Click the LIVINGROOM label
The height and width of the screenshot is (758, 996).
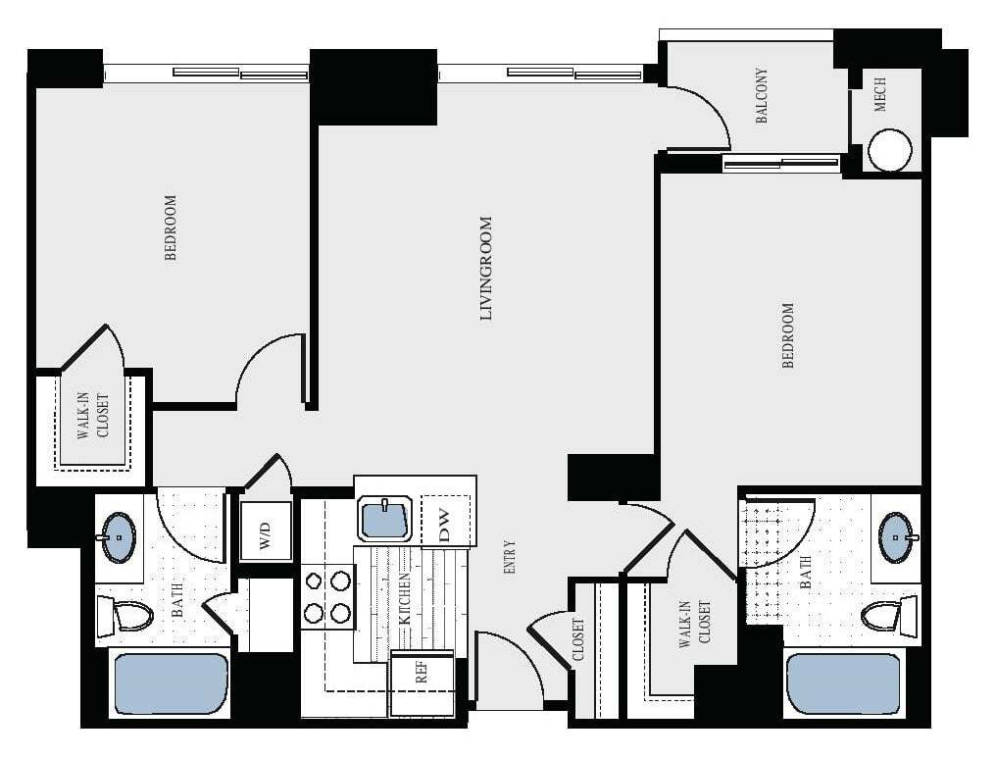485,268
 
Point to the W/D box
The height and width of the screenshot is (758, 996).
267,531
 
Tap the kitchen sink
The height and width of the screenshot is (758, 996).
385,519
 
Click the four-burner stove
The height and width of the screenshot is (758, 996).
327,597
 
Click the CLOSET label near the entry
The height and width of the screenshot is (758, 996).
578,640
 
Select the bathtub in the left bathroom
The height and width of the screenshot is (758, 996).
172,683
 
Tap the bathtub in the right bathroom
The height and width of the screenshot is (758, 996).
842,684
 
